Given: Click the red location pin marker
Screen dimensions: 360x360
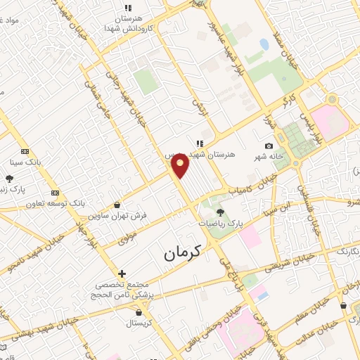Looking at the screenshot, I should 181,165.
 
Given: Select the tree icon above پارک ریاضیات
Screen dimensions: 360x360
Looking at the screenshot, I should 220,211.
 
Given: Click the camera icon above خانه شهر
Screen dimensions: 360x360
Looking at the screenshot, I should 269,146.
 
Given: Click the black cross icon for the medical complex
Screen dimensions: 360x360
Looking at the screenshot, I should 122,274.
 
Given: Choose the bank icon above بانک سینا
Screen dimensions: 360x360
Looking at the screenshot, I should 26,151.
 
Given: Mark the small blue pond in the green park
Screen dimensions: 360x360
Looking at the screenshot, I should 264,44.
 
